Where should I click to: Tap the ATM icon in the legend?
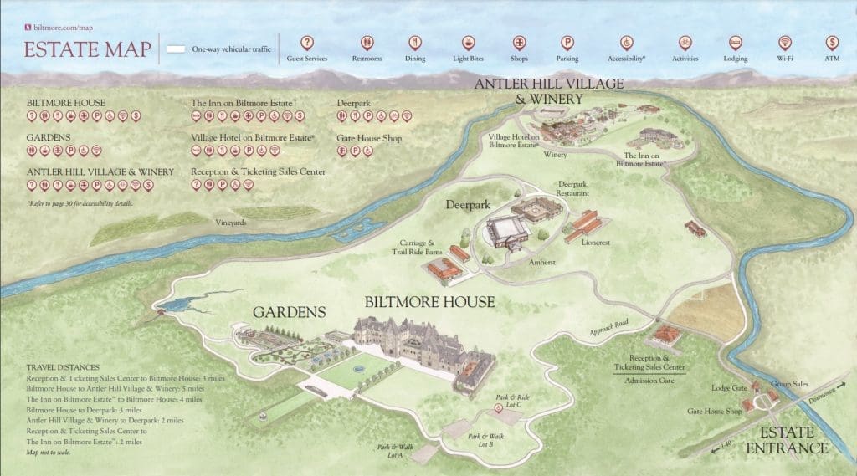pyautogui.click(x=832, y=42)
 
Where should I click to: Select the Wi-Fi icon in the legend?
pyautogui.click(x=784, y=42)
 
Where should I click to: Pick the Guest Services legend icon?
pyautogui.click(x=307, y=42)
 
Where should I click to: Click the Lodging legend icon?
pyautogui.click(x=735, y=42)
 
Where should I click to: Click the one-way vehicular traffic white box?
pyautogui.click(x=176, y=49)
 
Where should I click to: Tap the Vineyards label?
pyautogui.click(x=230, y=223)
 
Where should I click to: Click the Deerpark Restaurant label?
pyautogui.click(x=573, y=188)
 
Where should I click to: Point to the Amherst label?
pyautogui.click(x=541, y=262)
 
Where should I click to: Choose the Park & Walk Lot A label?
pyautogui.click(x=390, y=450)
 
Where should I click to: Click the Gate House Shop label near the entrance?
pyautogui.click(x=715, y=412)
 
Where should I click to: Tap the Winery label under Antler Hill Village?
pyautogui.click(x=555, y=155)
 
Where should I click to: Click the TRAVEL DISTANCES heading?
pyautogui.click(x=63, y=367)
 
